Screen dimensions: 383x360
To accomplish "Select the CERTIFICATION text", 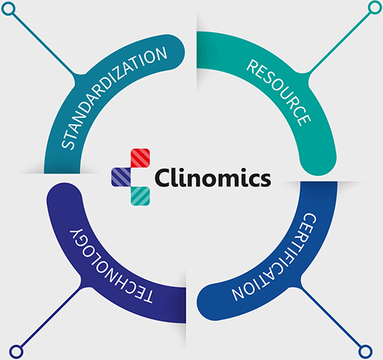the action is pyautogui.click(x=275, y=258).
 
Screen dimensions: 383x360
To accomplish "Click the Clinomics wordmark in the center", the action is pyautogui.click(x=213, y=177).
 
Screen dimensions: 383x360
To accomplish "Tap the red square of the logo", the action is pyautogui.click(x=140, y=158).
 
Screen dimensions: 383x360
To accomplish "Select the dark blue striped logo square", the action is pyautogui.click(x=121, y=177).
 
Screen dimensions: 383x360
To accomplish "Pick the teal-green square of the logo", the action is pyautogui.click(x=140, y=196).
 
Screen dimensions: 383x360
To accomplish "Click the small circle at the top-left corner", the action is pyautogui.click(x=8, y=9).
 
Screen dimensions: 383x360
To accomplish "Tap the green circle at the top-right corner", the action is pyautogui.click(x=375, y=7).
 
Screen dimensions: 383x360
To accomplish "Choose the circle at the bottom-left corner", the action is pyautogui.click(x=16, y=351).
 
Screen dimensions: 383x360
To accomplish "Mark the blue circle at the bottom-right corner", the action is pyautogui.click(x=365, y=351).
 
